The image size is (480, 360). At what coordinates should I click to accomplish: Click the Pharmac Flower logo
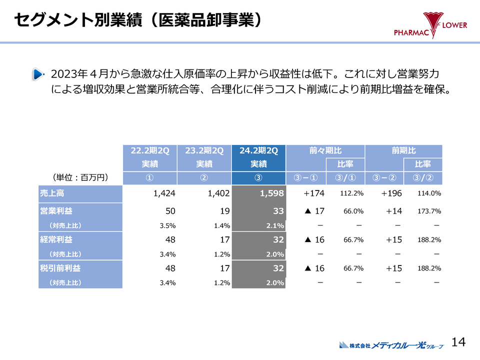[430, 25]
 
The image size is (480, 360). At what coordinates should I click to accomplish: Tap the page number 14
[458, 342]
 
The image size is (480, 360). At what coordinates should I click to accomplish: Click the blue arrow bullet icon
[37, 74]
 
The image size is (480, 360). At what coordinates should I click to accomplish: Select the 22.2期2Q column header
[149, 150]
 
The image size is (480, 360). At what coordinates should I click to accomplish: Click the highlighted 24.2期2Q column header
[258, 150]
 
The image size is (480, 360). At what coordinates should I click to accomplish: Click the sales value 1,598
[272, 193]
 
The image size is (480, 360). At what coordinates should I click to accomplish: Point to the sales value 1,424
[164, 193]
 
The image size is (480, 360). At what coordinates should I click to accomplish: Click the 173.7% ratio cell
[429, 211]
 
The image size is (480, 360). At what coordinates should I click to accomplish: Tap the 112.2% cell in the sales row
[351, 193]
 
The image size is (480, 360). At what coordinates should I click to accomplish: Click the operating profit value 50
[170, 211]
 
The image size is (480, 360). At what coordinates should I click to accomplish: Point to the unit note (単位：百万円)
[80, 177]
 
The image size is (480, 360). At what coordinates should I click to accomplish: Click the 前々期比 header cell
[325, 150]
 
